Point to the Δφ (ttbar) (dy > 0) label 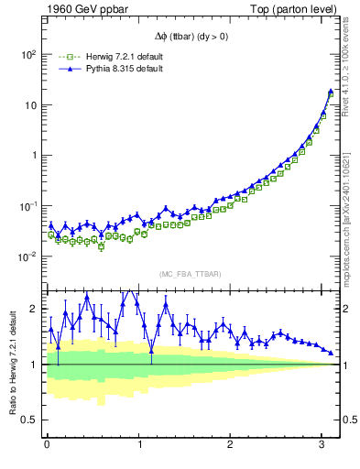pyautogui.click(x=194, y=39)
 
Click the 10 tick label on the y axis pyautogui.click(x=29, y=105)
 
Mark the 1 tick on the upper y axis pyautogui.click(x=33, y=156)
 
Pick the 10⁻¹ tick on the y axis pyautogui.click(x=27, y=206)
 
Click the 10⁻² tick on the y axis pyautogui.click(x=27, y=256)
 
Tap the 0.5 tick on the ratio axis pyautogui.click(x=29, y=420)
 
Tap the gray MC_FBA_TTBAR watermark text pyautogui.click(x=191, y=274)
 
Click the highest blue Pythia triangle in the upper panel pyautogui.click(x=331, y=92)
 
